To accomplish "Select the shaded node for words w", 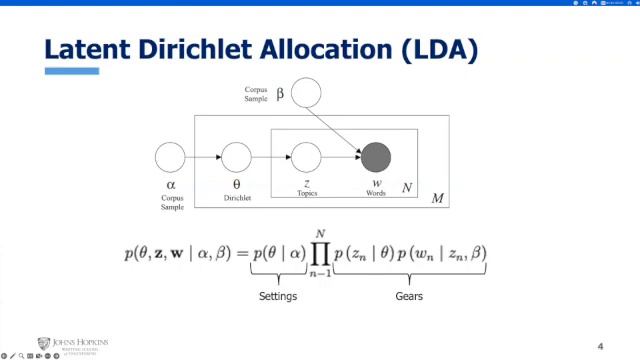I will (375, 157).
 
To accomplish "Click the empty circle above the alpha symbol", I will (170, 157).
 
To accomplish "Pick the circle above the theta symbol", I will (236, 157).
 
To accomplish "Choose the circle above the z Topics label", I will (305, 157).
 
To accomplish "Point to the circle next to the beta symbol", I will (306, 94).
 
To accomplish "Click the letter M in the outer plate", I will (437, 199).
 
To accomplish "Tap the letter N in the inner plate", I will (407, 187).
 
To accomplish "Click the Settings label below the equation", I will (279, 296).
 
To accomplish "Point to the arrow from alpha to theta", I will (203, 157).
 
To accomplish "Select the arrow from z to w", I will (340, 157).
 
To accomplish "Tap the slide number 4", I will (600, 346).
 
